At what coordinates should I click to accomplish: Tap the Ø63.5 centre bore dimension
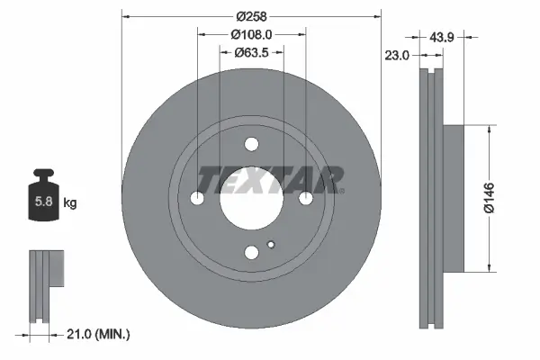[253, 53]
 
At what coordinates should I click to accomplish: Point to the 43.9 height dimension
[441, 37]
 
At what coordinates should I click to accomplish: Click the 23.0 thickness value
[398, 54]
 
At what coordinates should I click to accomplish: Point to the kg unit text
[69, 203]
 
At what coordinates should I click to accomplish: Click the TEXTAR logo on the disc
[270, 180]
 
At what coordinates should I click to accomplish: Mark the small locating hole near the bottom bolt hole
[271, 243]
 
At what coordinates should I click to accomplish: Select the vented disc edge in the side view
[428, 198]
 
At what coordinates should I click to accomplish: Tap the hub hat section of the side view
[452, 198]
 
